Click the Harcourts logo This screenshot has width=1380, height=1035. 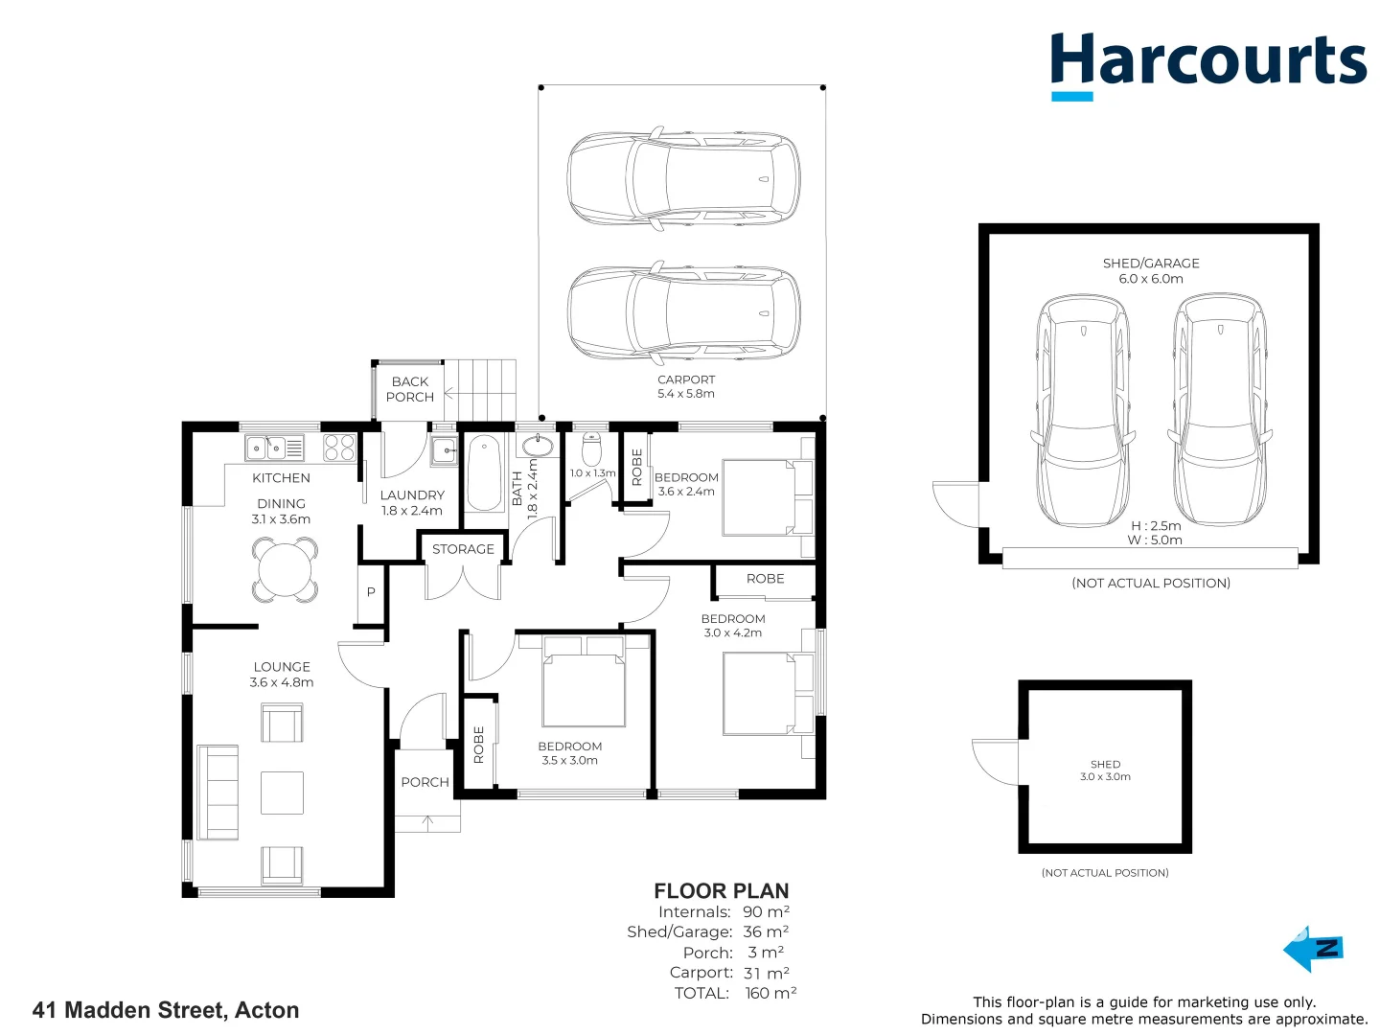pos(1207,63)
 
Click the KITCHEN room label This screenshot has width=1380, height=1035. pos(281,477)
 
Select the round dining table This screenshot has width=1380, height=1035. pos(285,569)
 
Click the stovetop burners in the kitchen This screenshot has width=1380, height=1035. pos(339,448)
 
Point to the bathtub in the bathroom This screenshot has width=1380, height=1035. pos(484,472)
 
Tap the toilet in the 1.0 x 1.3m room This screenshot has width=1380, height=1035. pos(591,448)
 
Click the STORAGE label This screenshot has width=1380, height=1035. pos(463,549)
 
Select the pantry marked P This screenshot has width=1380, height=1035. pos(371,592)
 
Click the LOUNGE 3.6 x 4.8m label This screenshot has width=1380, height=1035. pos(282,674)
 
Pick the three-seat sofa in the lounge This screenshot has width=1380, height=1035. pos(218,792)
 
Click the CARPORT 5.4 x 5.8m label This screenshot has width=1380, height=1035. pos(686,386)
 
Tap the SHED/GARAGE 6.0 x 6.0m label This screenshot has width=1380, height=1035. pos(1151,270)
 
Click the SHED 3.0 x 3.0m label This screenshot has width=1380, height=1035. pos(1105,770)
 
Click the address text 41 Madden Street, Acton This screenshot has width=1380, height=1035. pos(166,1010)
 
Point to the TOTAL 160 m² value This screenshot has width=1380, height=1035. pos(770,993)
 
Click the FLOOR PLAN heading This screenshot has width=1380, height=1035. pos(721,891)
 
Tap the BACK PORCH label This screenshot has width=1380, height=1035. pos(410,389)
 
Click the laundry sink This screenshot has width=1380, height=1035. pos(445,448)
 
